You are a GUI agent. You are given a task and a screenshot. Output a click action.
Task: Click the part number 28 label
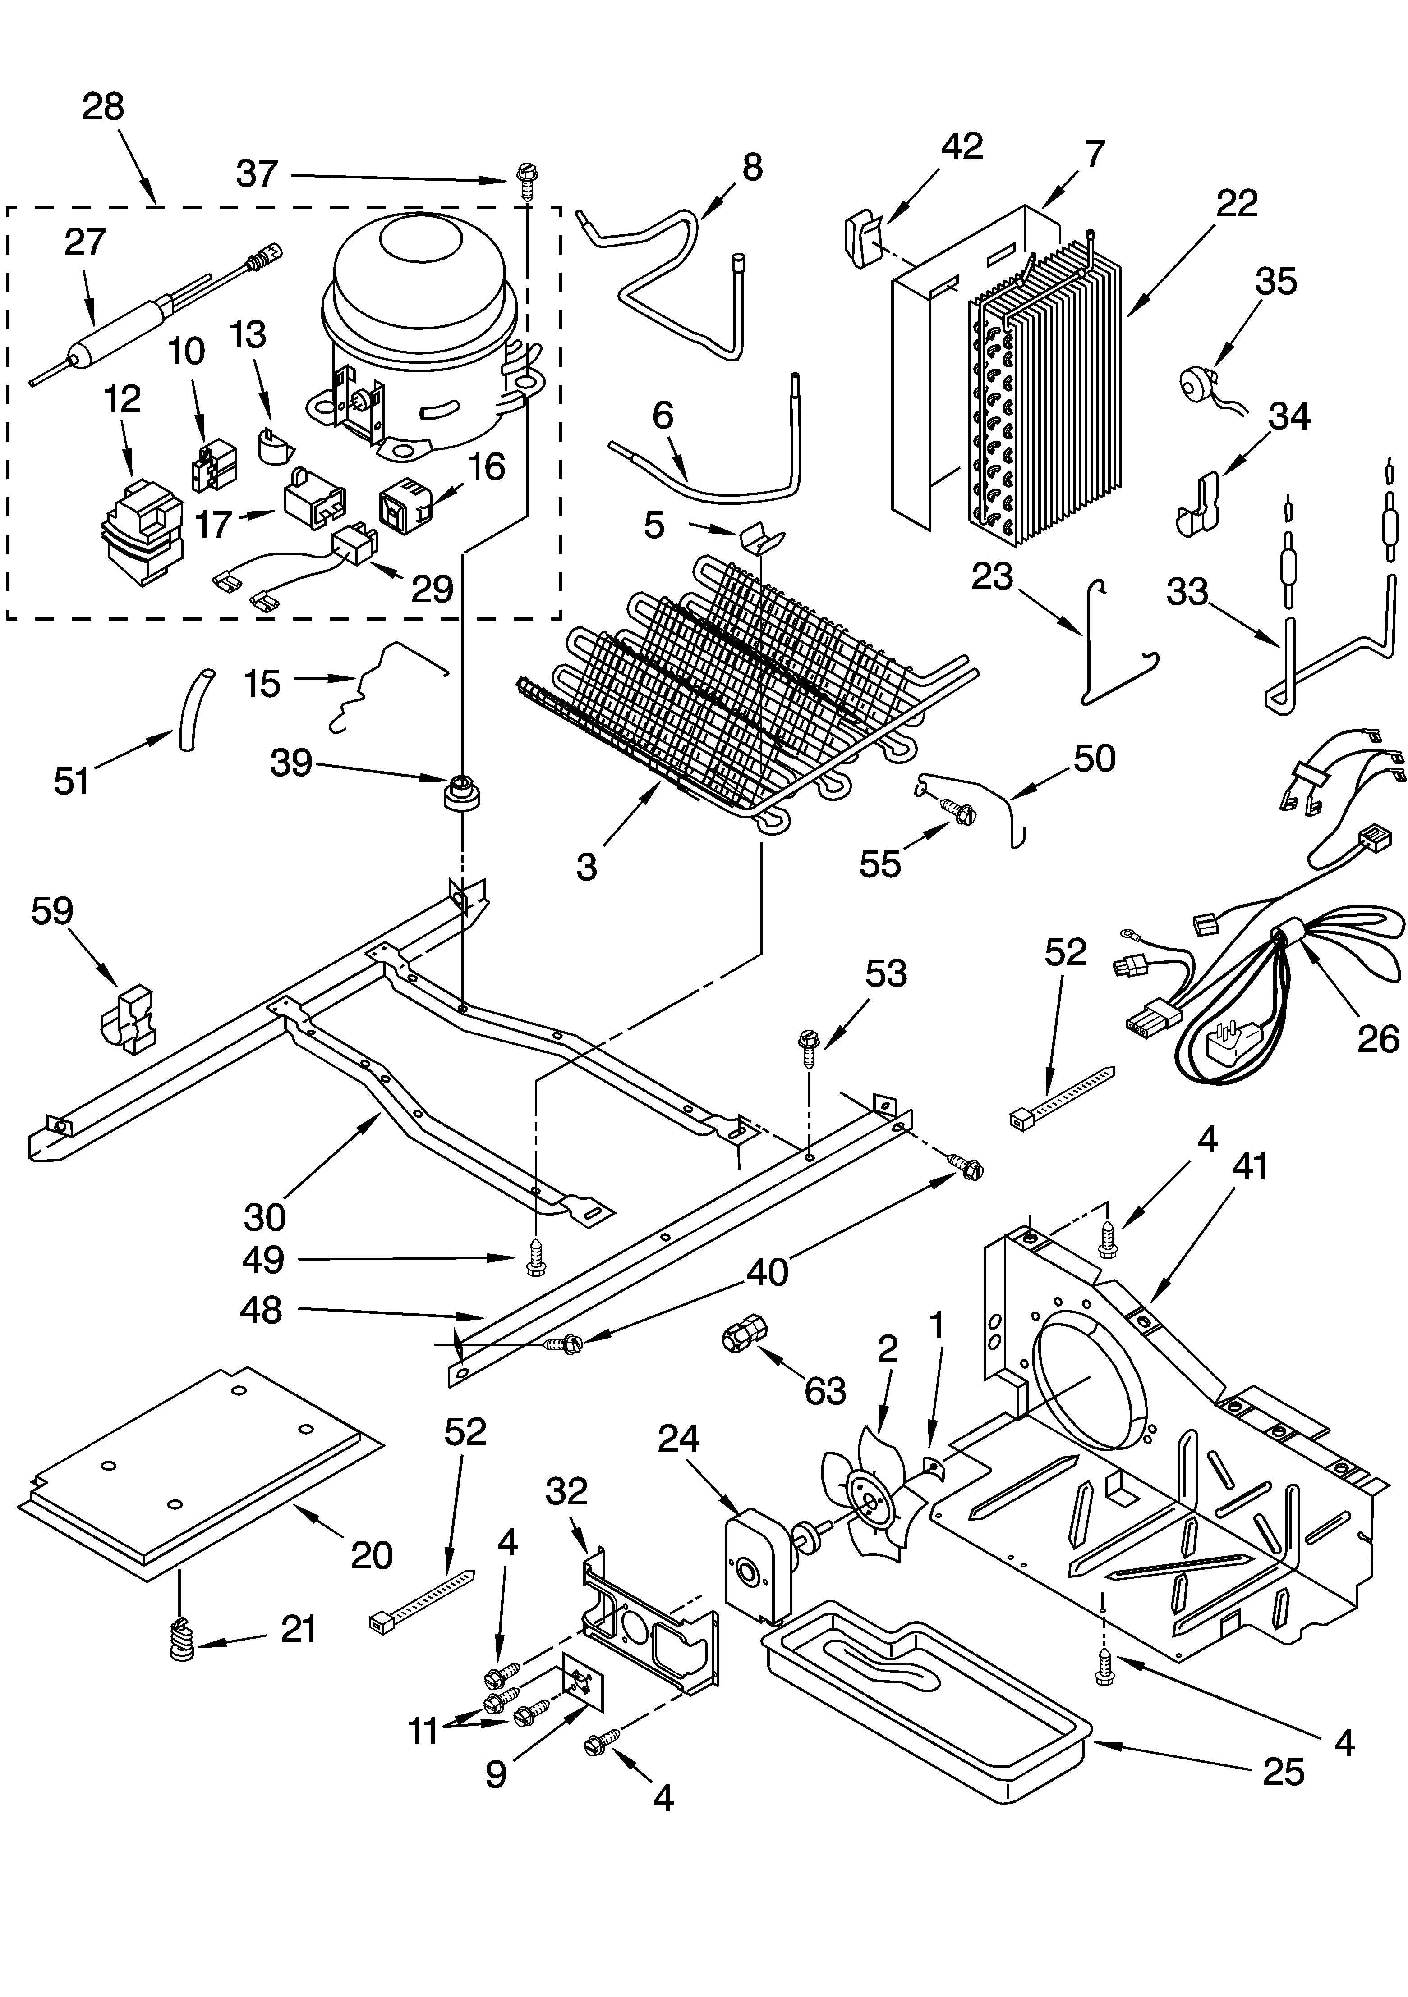pos(103,108)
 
